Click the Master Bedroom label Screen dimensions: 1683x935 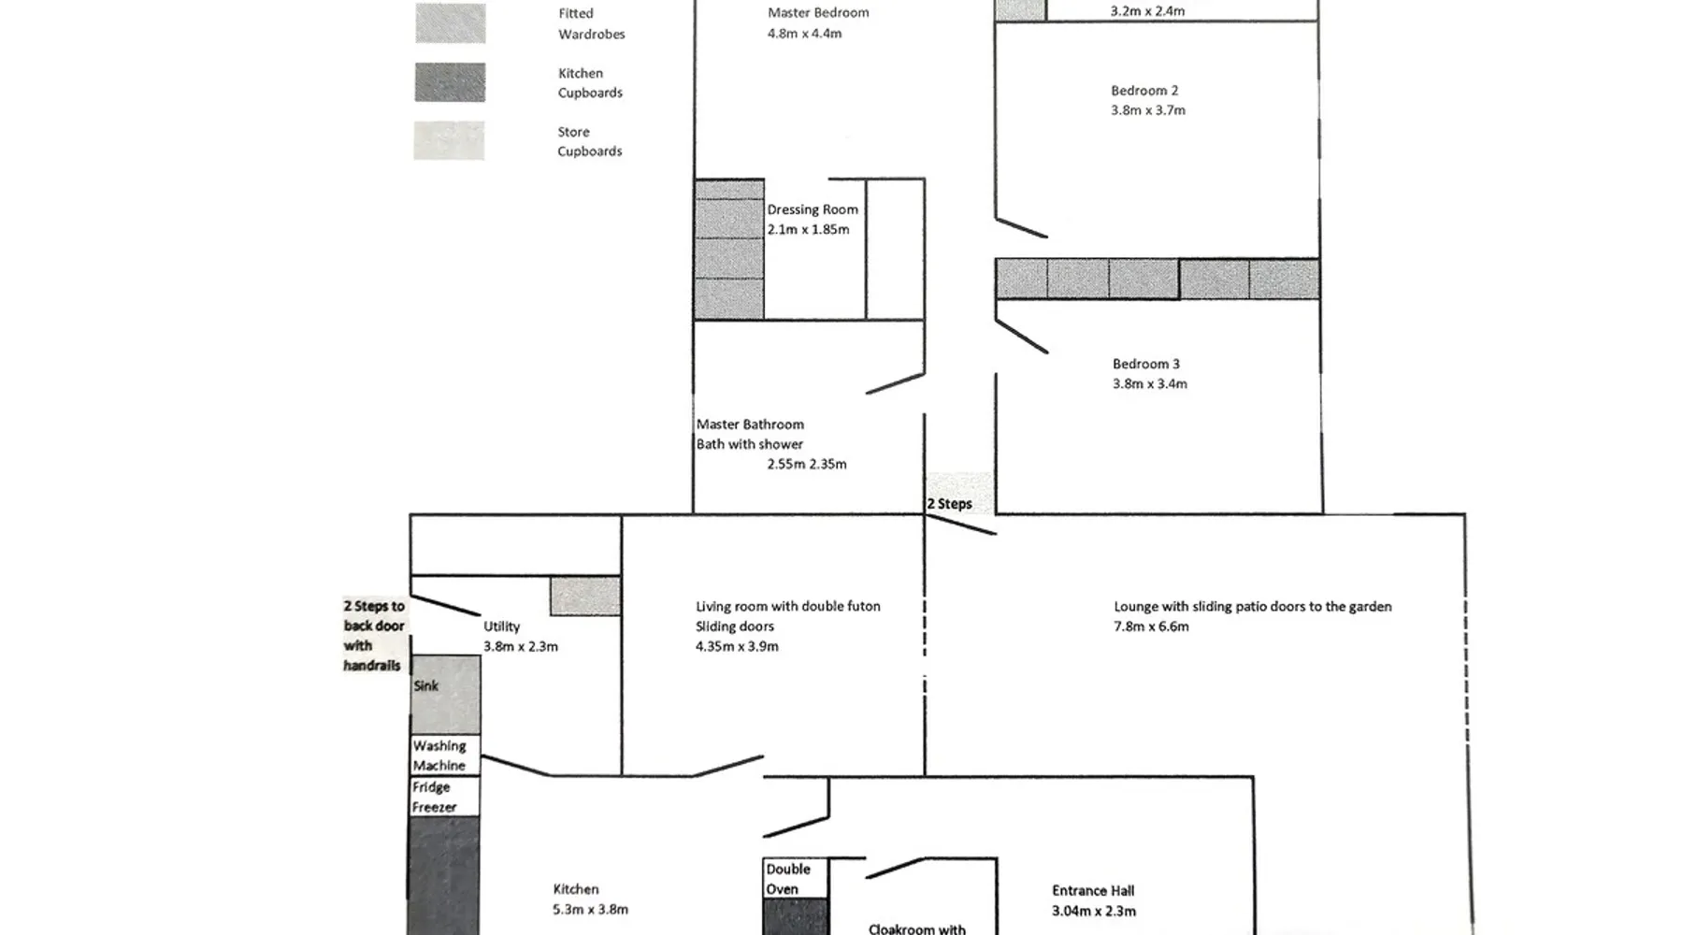click(818, 13)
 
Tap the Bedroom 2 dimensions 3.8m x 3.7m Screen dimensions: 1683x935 click(1148, 110)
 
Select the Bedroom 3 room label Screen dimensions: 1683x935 click(1146, 364)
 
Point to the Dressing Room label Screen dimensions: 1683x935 click(813, 209)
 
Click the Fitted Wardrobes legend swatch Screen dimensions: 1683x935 click(451, 23)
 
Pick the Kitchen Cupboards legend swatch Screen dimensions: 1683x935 click(451, 82)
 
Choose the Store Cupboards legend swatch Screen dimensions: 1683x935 click(450, 141)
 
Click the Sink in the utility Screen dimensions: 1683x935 click(446, 695)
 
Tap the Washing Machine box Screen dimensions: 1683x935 click(446, 755)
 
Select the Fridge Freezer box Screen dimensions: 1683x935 click(446, 797)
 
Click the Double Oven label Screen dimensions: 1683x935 click(788, 879)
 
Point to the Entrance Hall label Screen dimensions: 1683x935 click(1093, 891)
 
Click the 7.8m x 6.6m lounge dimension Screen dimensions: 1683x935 click(1151, 626)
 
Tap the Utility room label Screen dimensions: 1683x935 click(501, 626)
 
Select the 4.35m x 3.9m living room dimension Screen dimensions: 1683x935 click(737, 646)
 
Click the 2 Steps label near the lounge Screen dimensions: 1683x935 click(949, 504)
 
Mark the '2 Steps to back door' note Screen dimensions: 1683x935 click(374, 636)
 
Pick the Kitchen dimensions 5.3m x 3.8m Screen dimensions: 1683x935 click(590, 909)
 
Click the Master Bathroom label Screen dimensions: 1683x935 click(750, 424)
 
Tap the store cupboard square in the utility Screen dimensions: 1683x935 click(585, 597)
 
